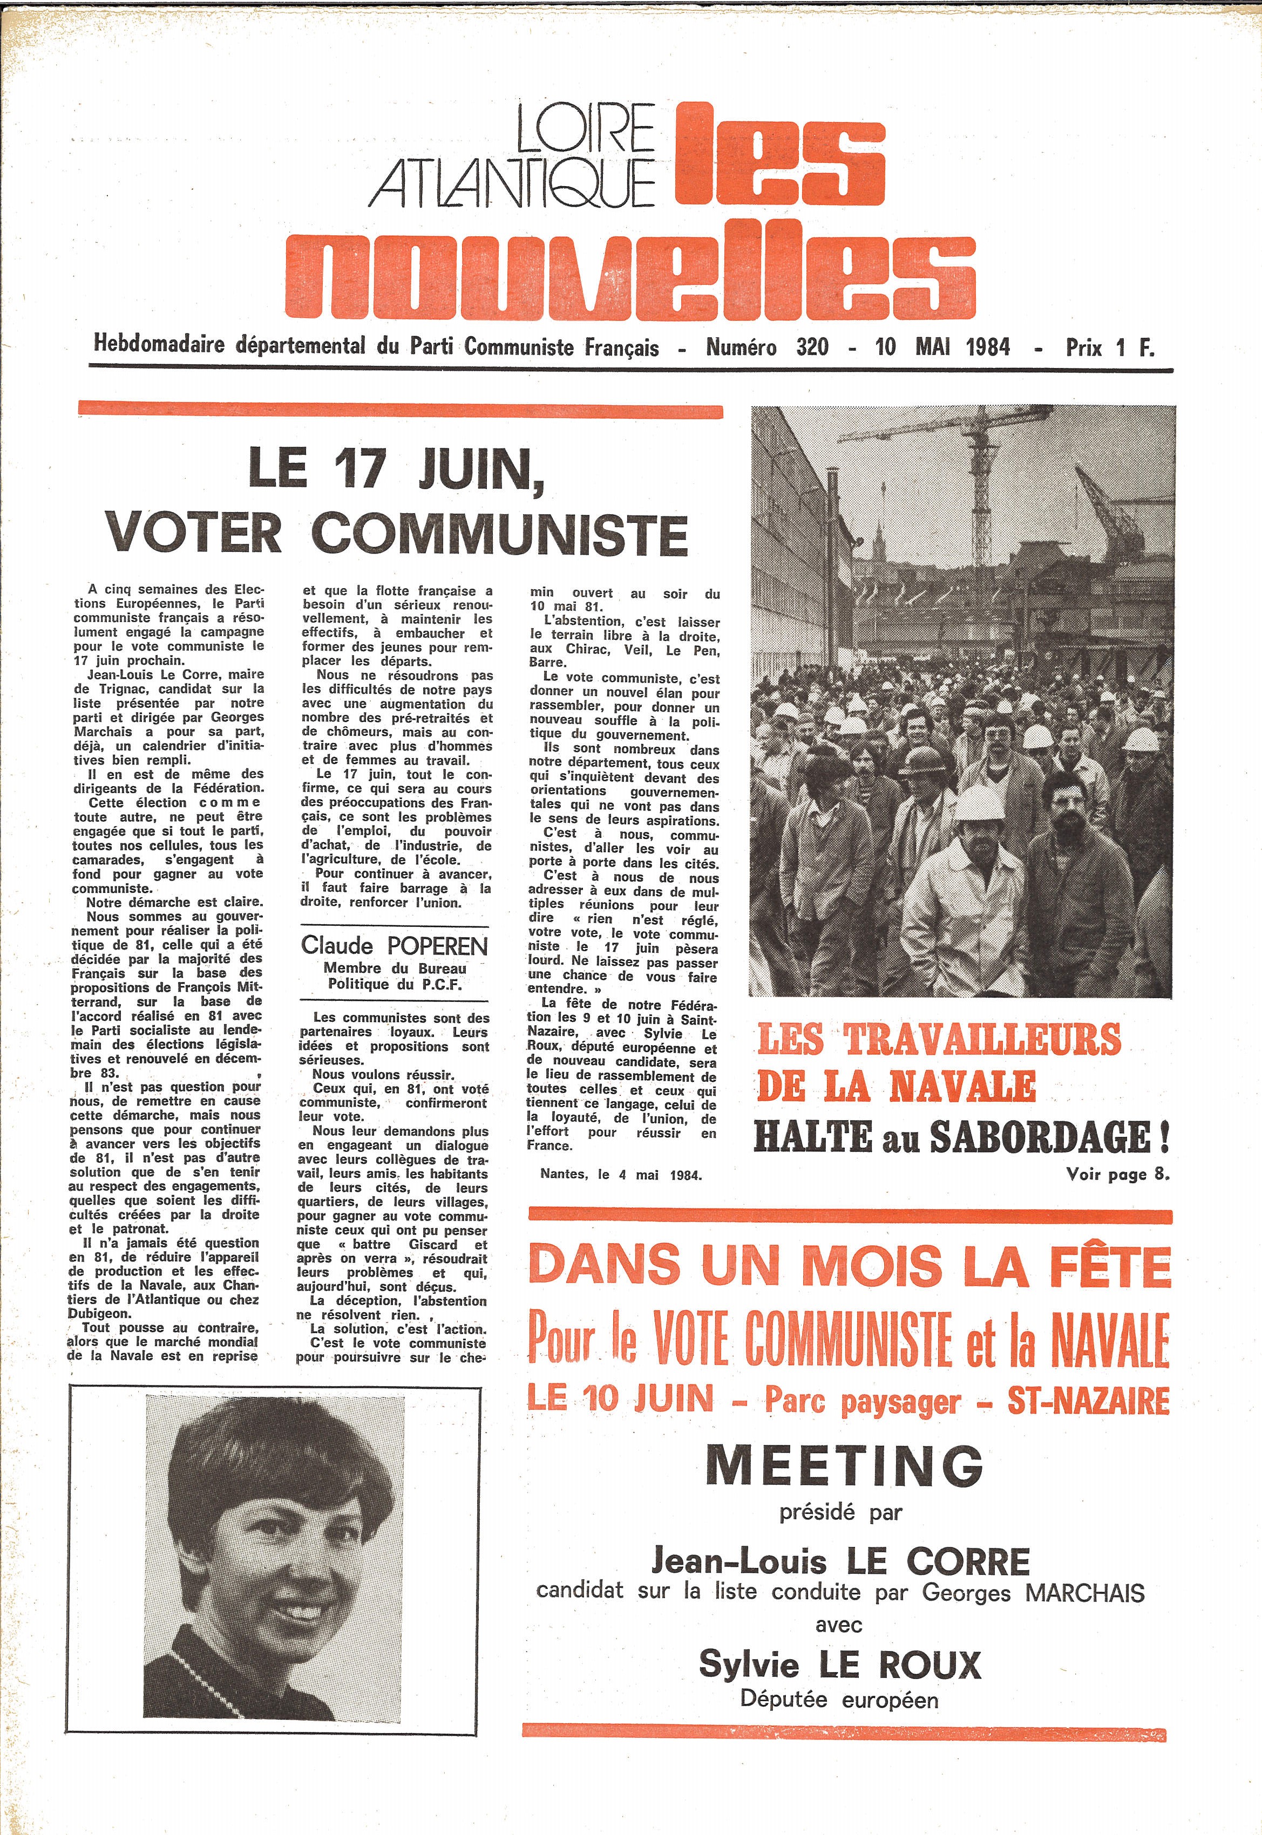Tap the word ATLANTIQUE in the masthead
tap(514, 183)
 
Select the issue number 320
tap(813, 347)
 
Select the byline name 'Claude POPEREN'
tap(395, 945)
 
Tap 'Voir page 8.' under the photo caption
tap(1116, 1175)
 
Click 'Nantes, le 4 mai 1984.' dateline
tap(621, 1175)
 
